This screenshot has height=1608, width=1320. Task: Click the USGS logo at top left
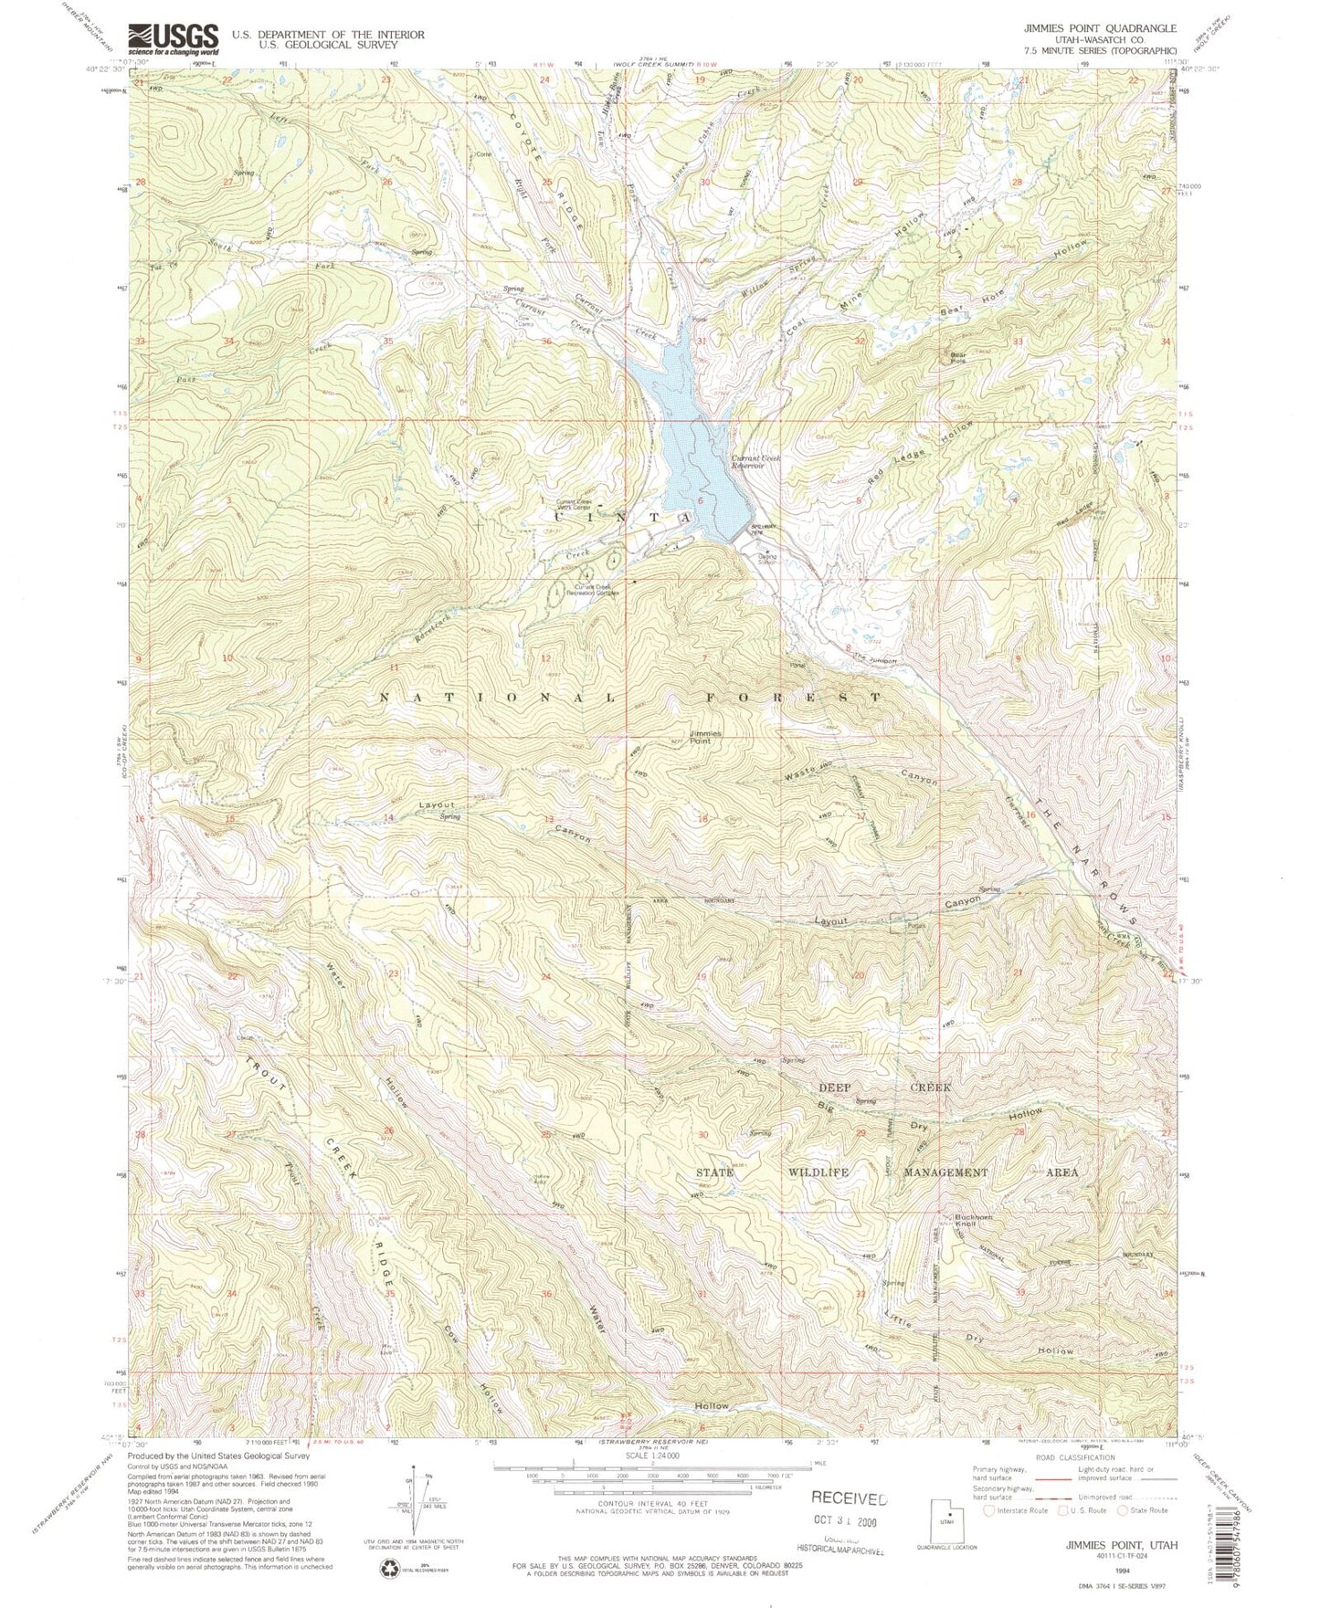click(174, 39)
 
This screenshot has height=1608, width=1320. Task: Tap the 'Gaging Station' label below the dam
click(766, 559)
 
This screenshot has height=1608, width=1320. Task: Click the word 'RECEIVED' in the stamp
click(849, 1498)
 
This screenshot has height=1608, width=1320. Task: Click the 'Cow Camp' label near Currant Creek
click(525, 321)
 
